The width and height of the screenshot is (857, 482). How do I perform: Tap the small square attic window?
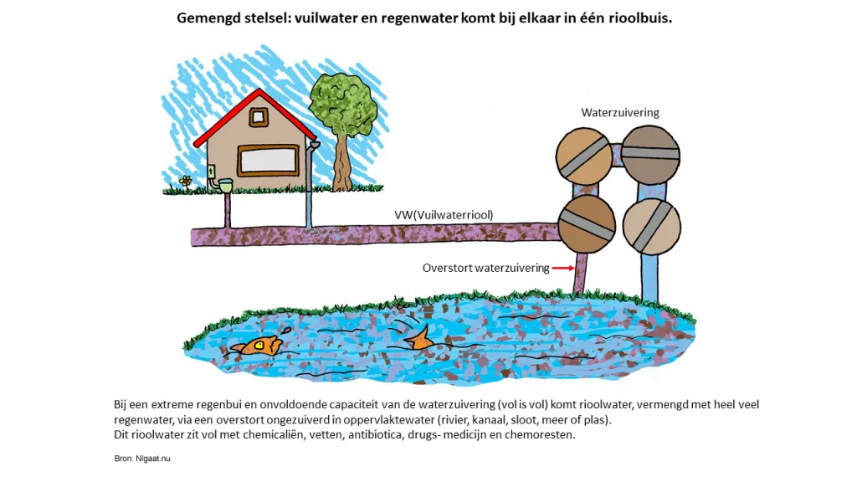point(259,117)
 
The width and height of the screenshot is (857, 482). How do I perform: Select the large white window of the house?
point(269,161)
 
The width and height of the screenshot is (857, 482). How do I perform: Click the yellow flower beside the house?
point(186,182)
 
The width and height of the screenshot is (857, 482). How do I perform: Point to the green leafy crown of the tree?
point(343,105)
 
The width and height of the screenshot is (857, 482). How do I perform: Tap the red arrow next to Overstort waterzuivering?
point(563,268)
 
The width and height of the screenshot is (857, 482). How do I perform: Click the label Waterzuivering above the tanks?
point(620,113)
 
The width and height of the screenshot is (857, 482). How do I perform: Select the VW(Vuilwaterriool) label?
point(444,215)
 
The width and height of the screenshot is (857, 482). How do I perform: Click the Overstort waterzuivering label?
point(485,268)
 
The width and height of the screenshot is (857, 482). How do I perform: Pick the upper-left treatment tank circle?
point(583,156)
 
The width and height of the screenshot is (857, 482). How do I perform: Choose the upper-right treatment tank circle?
point(650,155)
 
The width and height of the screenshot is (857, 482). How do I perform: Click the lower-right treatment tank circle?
point(651,226)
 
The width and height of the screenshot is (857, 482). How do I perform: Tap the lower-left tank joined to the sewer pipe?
point(587,224)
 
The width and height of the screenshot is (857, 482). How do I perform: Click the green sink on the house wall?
point(224,185)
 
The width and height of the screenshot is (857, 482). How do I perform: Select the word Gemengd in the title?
point(205,18)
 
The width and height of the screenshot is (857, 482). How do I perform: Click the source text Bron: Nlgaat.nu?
point(142,459)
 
